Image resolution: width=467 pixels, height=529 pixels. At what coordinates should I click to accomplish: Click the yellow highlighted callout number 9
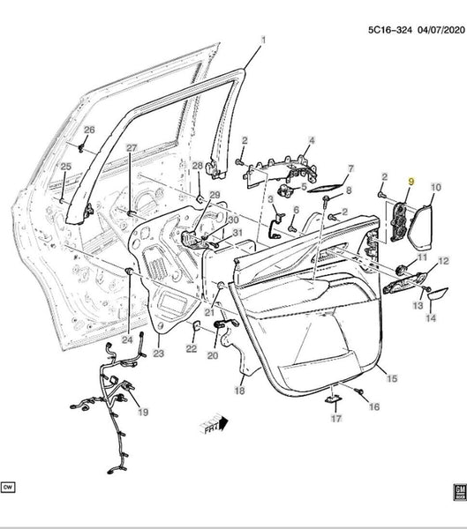411,182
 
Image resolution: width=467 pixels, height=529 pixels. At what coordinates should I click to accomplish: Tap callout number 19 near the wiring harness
143,412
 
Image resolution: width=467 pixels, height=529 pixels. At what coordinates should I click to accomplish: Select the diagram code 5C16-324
390,30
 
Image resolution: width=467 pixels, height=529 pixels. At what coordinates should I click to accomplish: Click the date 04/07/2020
441,30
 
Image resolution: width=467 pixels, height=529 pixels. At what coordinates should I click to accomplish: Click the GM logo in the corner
460,493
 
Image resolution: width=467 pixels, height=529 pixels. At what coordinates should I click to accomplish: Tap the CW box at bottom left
8,488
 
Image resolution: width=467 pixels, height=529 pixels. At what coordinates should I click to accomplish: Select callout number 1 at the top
263,41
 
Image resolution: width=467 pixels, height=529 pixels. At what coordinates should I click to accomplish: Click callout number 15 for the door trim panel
392,378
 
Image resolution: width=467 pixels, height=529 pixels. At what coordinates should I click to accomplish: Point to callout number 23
158,354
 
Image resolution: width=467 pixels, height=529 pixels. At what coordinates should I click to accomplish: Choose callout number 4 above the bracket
312,140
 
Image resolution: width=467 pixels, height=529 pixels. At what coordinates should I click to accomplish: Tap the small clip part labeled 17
333,399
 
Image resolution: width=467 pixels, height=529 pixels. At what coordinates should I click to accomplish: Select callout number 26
89,130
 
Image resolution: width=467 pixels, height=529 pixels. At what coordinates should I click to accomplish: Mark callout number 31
237,233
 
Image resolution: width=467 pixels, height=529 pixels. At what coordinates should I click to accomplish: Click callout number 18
239,391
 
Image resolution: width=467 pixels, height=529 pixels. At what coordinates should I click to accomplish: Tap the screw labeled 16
358,391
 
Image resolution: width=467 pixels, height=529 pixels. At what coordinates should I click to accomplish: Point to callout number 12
443,261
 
